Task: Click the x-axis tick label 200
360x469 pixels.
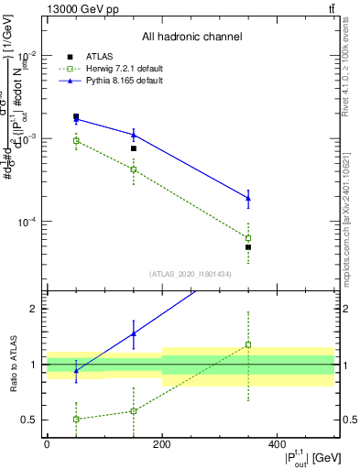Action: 162,443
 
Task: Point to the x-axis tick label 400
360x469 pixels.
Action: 277,443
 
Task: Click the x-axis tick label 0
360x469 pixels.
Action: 47,443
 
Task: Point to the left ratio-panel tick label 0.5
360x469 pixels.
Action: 29,420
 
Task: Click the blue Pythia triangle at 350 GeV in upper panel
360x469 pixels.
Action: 248,198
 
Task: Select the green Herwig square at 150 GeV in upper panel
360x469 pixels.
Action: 134,169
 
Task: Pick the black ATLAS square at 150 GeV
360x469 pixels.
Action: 134,148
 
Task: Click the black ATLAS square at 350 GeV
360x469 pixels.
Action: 248,247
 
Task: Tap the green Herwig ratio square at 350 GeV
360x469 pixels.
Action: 248,345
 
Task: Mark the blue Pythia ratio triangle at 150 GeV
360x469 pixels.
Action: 134,333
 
